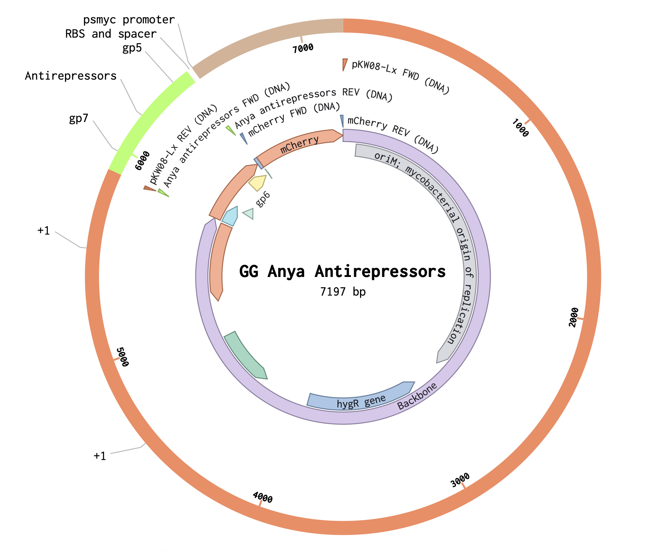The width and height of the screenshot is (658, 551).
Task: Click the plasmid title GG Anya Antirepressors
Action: [343, 271]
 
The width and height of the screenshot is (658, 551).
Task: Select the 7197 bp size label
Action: [343, 292]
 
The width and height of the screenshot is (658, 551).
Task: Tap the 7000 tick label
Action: [303, 48]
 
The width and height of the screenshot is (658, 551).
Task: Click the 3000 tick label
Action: [460, 480]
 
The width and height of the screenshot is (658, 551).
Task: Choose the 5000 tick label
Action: [122, 357]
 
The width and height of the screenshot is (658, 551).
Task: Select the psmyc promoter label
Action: [129, 20]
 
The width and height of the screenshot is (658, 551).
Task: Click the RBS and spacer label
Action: [111, 34]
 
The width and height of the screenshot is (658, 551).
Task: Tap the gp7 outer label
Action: [79, 119]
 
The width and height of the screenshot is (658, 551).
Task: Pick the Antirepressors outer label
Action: [71, 76]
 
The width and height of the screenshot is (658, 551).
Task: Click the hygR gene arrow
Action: [361, 397]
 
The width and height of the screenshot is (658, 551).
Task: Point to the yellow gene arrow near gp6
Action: [257, 183]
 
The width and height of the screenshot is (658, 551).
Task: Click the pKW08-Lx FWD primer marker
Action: [345, 64]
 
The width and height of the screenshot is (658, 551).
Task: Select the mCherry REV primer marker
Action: [342, 121]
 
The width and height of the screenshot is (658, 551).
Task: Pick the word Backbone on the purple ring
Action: [417, 396]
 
